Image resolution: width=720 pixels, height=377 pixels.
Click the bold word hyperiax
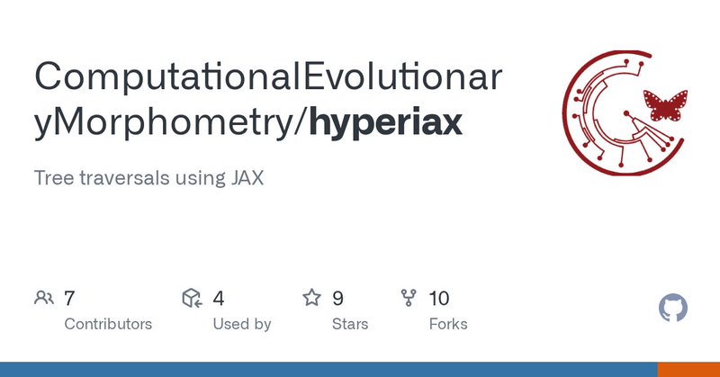pos(387,122)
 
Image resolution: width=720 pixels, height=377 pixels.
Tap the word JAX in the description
pos(244,177)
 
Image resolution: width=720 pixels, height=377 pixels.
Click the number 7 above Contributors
pos(69,298)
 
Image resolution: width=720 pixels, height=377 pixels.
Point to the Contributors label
pos(108,324)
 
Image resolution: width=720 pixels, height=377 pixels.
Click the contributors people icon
pos(43,298)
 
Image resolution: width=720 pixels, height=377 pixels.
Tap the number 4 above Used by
pos(219,298)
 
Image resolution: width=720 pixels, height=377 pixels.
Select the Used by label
pos(242,324)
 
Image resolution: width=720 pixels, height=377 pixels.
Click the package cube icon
pos(190,298)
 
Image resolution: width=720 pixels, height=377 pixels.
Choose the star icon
pos(311,298)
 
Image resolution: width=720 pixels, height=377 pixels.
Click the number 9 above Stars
pos(337,298)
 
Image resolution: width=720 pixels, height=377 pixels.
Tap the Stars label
pos(350,324)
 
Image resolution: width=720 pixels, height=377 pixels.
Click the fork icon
pos(409,298)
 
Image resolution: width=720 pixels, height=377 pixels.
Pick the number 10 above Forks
pos(439,298)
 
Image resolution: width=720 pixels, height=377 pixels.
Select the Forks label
pos(448,324)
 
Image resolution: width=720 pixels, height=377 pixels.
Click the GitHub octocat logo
pos(673,309)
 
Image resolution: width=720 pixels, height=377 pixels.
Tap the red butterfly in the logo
pos(663,106)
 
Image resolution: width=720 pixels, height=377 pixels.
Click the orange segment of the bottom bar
pos(688,370)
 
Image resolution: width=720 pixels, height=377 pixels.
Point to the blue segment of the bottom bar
pos(328,370)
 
